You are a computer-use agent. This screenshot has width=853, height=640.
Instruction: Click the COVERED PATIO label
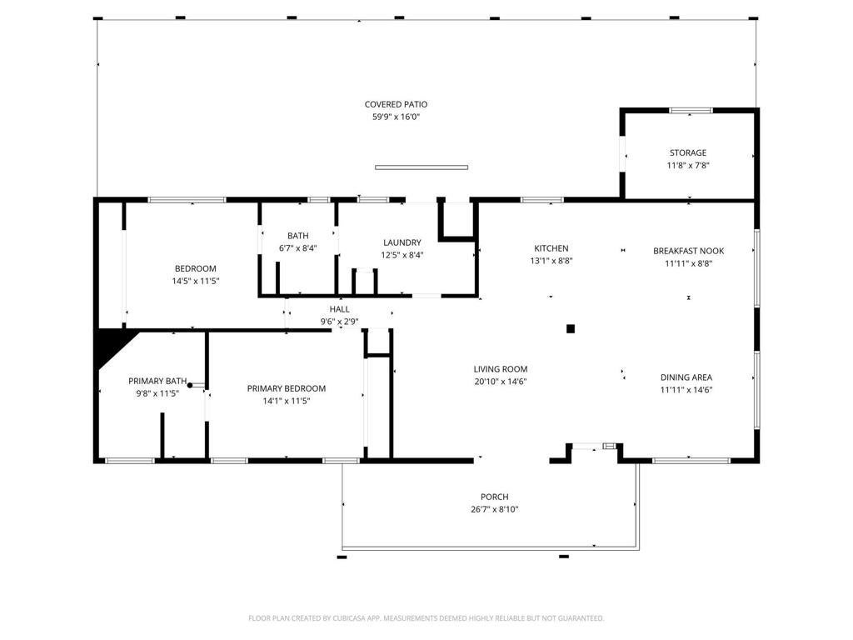click(x=396, y=104)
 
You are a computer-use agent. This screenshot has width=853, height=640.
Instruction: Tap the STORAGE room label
click(x=688, y=153)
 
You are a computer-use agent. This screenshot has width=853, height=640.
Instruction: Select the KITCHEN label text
click(x=551, y=248)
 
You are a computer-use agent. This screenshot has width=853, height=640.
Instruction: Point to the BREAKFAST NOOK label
click(x=689, y=251)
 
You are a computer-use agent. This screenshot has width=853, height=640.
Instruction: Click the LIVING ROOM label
click(x=501, y=369)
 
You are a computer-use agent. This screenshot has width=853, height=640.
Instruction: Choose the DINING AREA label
click(x=686, y=377)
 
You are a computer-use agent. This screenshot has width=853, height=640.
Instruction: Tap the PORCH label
click(x=495, y=497)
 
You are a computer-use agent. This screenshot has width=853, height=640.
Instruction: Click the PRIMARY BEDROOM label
click(x=287, y=388)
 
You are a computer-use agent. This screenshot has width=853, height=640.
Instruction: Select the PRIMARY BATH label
click(x=157, y=381)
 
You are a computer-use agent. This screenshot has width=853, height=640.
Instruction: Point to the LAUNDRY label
click(x=402, y=242)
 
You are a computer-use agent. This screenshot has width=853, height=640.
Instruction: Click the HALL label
click(x=340, y=309)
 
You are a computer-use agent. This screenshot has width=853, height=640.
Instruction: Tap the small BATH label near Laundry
click(x=298, y=236)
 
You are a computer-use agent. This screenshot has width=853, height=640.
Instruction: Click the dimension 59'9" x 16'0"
click(x=396, y=117)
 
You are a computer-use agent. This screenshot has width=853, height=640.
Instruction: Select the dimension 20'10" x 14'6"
click(x=501, y=382)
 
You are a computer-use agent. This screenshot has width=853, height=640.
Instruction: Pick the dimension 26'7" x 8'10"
click(x=495, y=509)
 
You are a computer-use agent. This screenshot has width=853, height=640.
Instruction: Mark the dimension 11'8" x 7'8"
click(x=688, y=166)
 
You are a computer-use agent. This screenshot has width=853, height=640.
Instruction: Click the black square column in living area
click(x=571, y=328)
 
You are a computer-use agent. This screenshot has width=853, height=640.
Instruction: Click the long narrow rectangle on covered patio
click(x=422, y=167)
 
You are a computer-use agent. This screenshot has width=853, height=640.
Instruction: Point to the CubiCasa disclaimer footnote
click(x=426, y=618)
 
